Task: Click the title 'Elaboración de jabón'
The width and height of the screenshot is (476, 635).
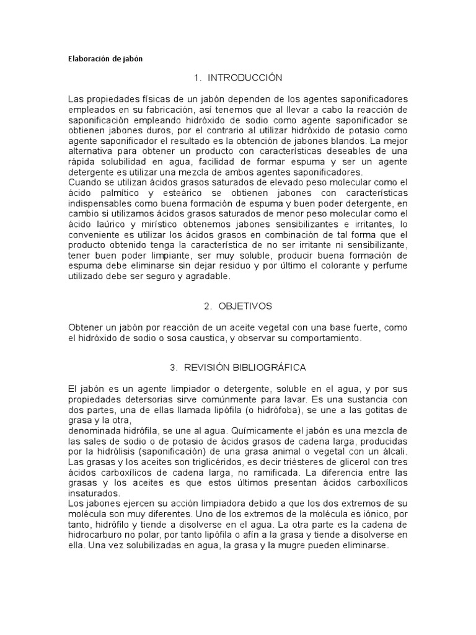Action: [x=105, y=59]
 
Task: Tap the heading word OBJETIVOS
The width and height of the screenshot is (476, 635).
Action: [x=245, y=306]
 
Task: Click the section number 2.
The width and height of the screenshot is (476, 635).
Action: [x=206, y=306]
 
